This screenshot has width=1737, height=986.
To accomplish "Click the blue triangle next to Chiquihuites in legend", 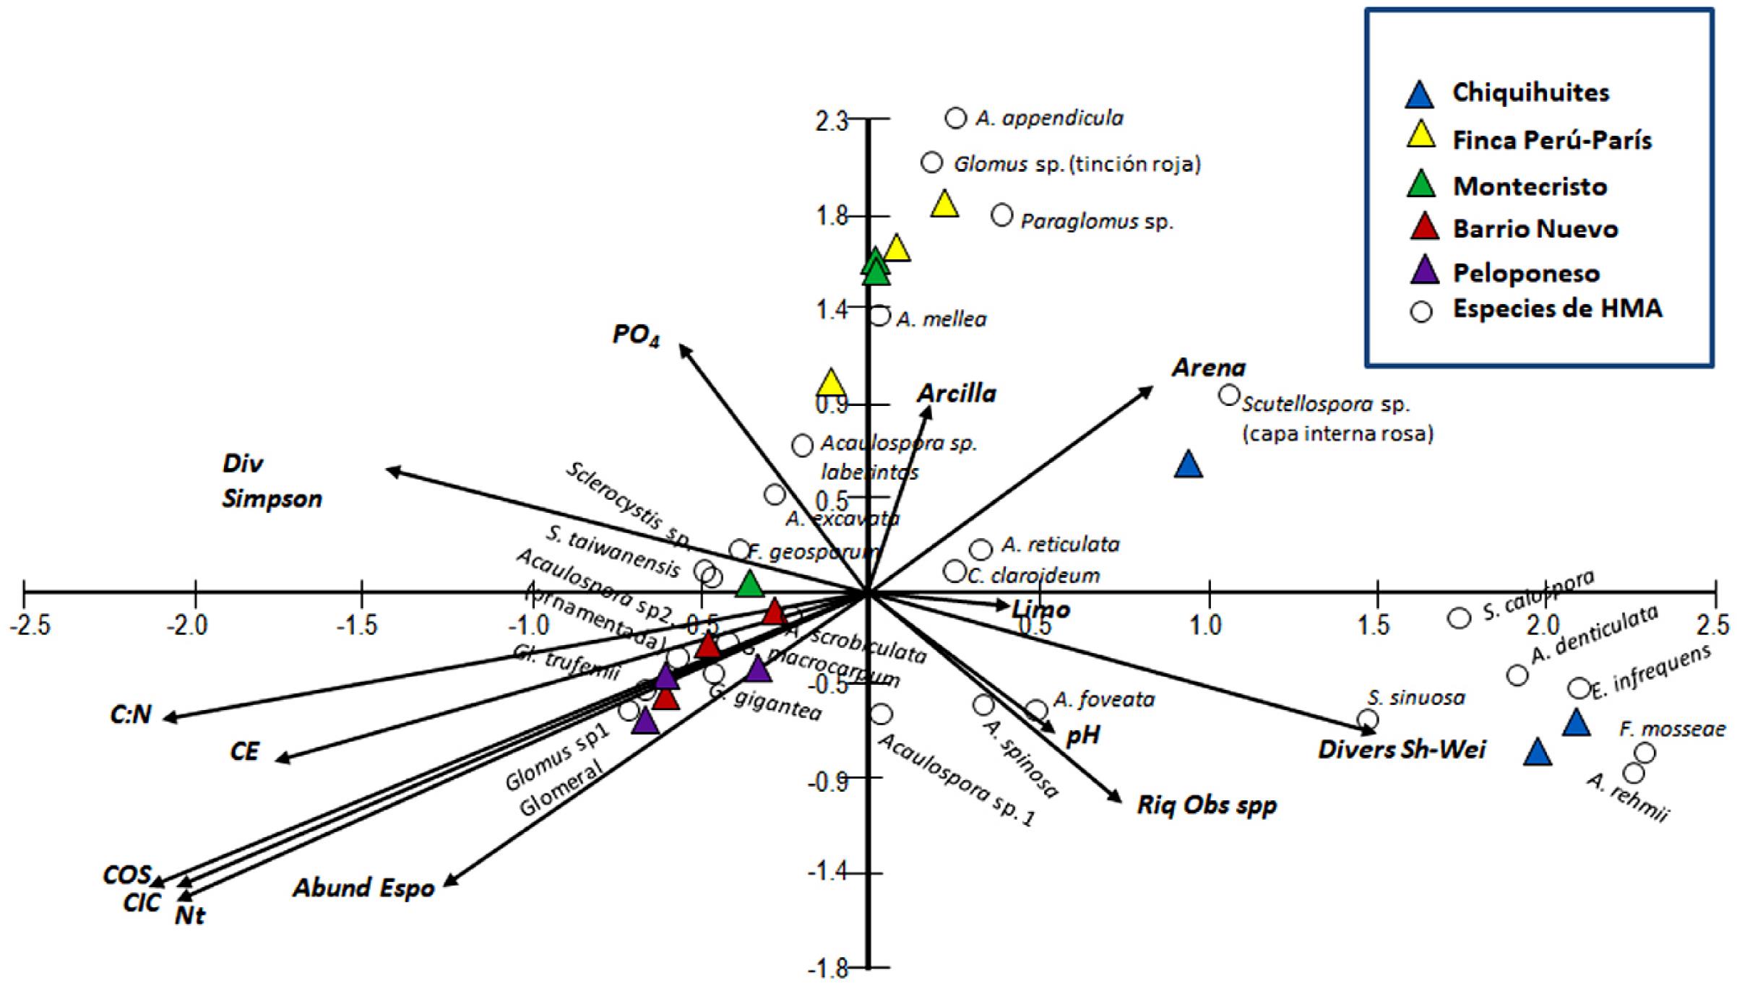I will tap(1420, 95).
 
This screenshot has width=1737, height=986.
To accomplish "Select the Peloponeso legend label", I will tap(1526, 273).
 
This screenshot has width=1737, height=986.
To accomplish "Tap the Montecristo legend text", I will tap(1530, 186).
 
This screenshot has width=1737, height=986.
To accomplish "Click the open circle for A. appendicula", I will tap(956, 118).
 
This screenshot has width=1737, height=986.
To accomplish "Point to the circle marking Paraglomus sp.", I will tap(1002, 215).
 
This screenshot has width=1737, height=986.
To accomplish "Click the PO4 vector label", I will tap(636, 335).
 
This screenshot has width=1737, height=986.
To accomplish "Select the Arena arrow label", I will tap(1209, 368).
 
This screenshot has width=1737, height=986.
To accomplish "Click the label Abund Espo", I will tap(363, 888).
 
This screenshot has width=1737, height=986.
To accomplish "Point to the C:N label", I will tap(131, 714).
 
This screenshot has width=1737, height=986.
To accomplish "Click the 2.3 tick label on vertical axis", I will tap(831, 121).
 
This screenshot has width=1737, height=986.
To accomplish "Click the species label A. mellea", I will tap(941, 319).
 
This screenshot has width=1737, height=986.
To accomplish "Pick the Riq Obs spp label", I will tap(1207, 805).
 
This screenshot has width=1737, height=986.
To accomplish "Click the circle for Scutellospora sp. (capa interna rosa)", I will tap(1229, 395).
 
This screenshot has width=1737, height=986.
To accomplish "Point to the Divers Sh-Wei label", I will tap(1402, 750).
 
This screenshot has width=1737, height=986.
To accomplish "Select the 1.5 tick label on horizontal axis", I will tap(1376, 624).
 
